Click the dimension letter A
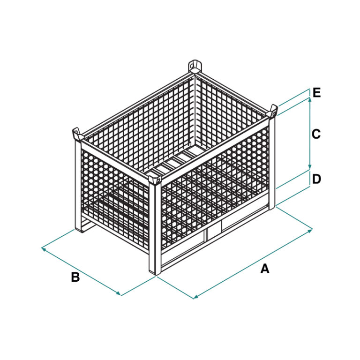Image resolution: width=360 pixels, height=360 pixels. [265, 269]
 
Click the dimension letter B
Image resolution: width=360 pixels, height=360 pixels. [75, 277]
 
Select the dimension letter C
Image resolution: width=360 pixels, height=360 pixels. [316, 134]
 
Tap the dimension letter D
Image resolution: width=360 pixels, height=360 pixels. [316, 179]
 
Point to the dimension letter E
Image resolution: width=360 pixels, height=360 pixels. [316, 93]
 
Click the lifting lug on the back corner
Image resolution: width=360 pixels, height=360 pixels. [194, 67]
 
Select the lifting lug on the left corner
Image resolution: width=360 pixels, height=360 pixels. [76, 134]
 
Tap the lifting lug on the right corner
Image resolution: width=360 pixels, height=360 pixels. [273, 112]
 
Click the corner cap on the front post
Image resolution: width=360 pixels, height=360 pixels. [155, 180]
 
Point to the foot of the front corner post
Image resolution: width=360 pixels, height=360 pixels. [155, 271]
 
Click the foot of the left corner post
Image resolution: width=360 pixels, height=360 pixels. [78, 228]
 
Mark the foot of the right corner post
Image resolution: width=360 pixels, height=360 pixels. [272, 206]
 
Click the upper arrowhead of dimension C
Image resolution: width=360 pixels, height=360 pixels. [310, 99]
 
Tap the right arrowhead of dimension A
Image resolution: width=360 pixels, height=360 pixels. [310, 231]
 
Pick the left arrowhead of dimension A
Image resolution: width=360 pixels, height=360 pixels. [196, 297]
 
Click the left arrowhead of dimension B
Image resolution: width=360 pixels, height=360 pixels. [44, 249]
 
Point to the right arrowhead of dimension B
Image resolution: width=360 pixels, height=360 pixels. [118, 293]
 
